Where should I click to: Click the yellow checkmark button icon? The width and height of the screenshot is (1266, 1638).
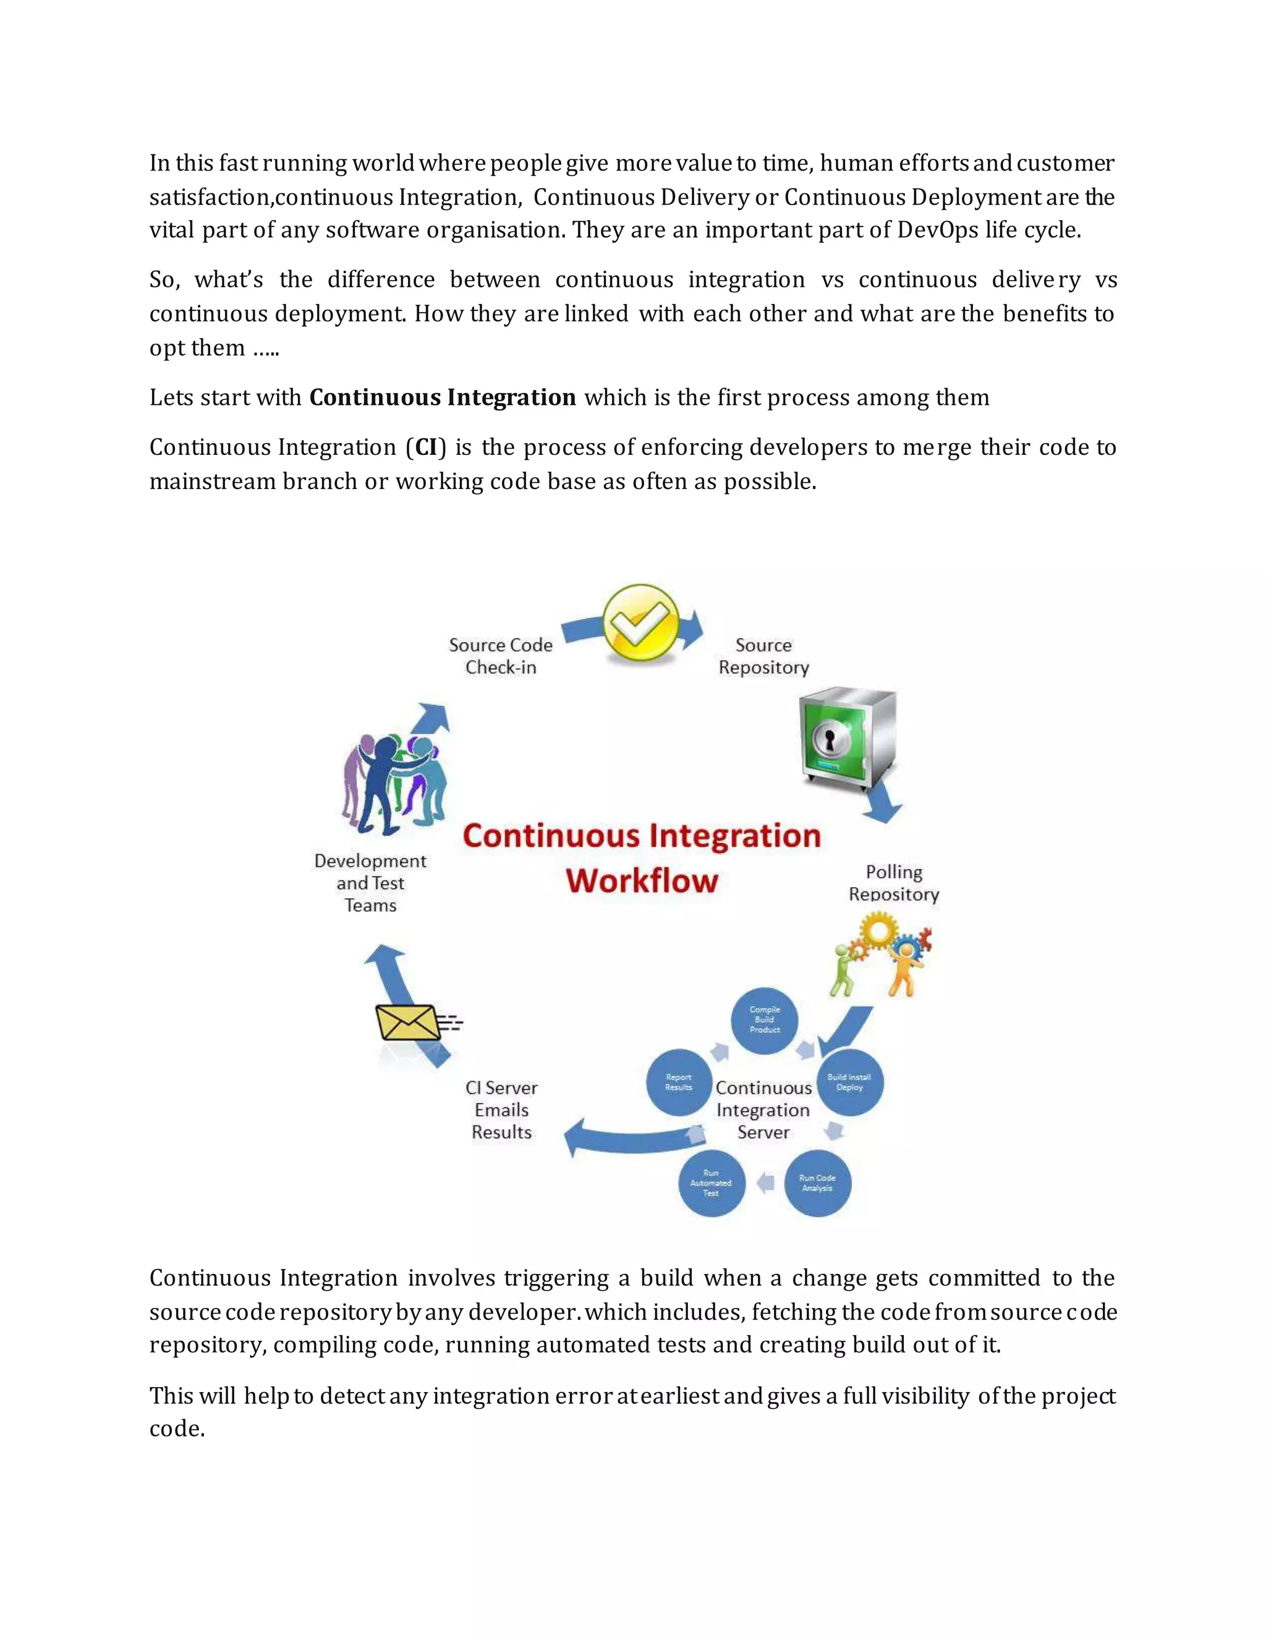coord(640,625)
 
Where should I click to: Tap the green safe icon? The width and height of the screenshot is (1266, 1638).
coord(847,739)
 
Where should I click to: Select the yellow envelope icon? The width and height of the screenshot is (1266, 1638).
coord(407,1022)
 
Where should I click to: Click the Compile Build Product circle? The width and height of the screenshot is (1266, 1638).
coord(764,1020)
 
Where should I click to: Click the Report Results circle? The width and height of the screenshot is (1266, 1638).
coord(679,1082)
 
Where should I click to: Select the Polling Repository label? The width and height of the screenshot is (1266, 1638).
coord(893,883)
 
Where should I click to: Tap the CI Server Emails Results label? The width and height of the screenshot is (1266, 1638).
coord(501,1110)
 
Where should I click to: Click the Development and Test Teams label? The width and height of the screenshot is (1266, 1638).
coord(370,883)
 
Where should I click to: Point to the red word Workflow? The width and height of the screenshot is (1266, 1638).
coord(642,880)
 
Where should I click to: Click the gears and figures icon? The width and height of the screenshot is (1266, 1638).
coord(882,954)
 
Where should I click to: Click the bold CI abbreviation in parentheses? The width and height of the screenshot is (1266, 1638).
coord(426,447)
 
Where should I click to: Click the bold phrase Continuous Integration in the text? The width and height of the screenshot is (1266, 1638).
coord(443,397)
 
